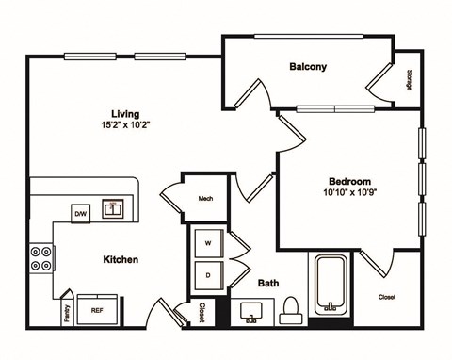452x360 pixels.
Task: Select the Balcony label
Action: tap(308, 67)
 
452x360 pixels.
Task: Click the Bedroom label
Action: tap(349, 182)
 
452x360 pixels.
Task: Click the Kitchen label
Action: tap(121, 259)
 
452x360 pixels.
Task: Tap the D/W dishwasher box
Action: tap(82, 215)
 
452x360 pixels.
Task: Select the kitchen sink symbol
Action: tap(114, 209)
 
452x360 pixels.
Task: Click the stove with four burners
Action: tap(42, 258)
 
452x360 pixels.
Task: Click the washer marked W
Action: tap(208, 244)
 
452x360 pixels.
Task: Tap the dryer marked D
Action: tap(208, 274)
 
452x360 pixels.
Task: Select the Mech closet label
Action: tap(205, 199)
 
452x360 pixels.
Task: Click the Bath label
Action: tap(267, 282)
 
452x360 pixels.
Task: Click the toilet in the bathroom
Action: tap(291, 307)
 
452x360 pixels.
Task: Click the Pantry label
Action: tap(67, 314)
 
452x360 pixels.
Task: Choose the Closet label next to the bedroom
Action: tap(386, 297)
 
